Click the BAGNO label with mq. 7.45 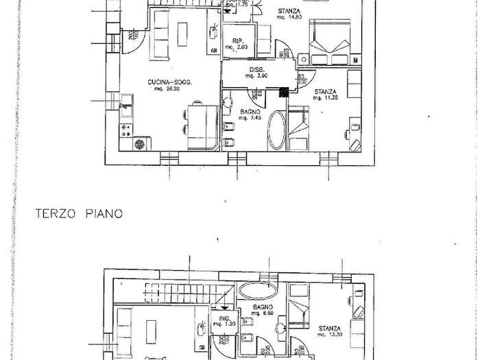(248, 112)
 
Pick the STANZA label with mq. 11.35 (326, 91)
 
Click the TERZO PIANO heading (79, 213)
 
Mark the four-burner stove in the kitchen (125, 128)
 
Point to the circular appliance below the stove (141, 144)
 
